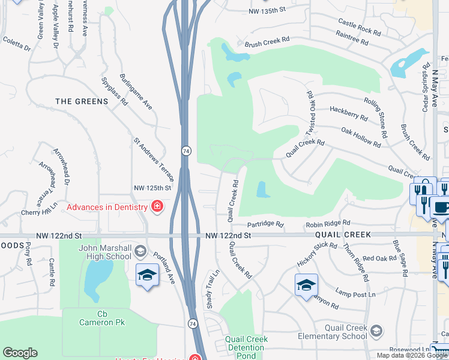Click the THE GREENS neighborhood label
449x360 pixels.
82,101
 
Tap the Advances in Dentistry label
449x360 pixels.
107,207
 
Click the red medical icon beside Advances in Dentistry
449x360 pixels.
157,207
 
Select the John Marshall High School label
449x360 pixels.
105,252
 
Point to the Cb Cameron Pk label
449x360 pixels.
102,318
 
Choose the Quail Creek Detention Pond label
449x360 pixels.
246,347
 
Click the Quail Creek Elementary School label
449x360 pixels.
345,332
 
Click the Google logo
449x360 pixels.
20,353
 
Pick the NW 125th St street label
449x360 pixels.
152,188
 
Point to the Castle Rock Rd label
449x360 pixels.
359,26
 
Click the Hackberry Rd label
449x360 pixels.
349,113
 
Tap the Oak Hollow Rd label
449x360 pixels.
361,137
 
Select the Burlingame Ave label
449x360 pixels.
135,92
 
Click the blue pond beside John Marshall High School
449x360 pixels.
93,279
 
